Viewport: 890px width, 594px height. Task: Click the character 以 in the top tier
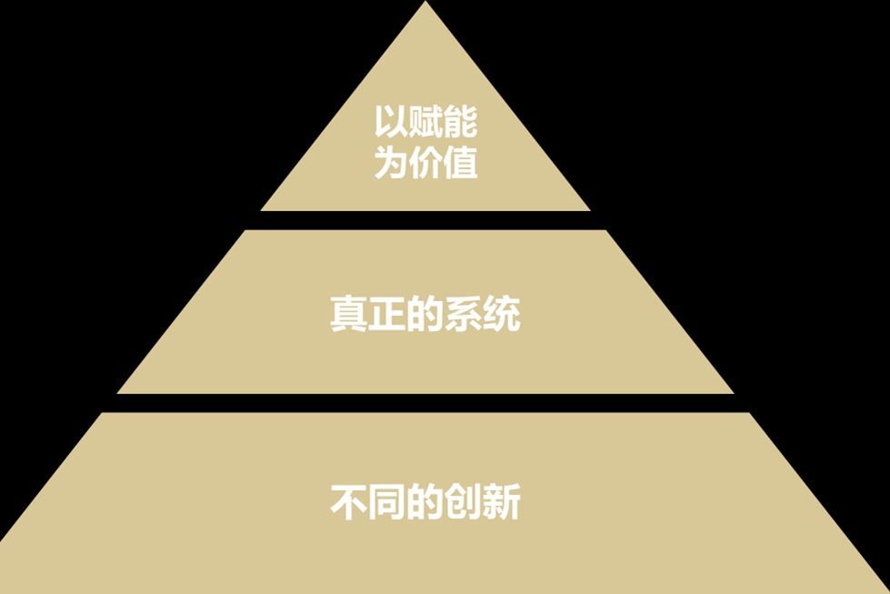click(391, 121)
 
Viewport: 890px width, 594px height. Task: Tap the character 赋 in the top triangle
click(425, 121)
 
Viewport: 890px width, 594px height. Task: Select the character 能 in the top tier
click(460, 121)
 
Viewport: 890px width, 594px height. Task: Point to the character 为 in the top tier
click(391, 163)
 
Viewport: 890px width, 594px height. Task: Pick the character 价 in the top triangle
click(425, 163)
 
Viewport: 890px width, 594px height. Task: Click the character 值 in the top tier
click(460, 163)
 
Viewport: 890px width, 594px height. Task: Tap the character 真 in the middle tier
click(348, 313)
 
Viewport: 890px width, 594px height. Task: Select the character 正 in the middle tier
click(387, 313)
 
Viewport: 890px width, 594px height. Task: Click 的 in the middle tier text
click(425, 313)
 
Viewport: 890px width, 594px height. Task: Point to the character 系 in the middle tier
click(463, 313)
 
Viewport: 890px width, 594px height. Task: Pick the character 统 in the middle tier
click(502, 313)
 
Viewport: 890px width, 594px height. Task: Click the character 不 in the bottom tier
click(348, 501)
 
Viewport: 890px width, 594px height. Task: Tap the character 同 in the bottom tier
click(387, 501)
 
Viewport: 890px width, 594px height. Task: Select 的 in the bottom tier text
click(425, 501)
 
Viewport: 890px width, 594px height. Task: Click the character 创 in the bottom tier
click(463, 501)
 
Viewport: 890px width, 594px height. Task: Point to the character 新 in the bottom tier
click(502, 501)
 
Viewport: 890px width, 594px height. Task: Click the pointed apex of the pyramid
click(425, 2)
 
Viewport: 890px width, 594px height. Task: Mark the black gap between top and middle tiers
click(425, 220)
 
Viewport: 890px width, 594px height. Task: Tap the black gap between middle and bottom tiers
click(425, 403)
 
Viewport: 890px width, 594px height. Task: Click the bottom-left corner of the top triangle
click(261, 210)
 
